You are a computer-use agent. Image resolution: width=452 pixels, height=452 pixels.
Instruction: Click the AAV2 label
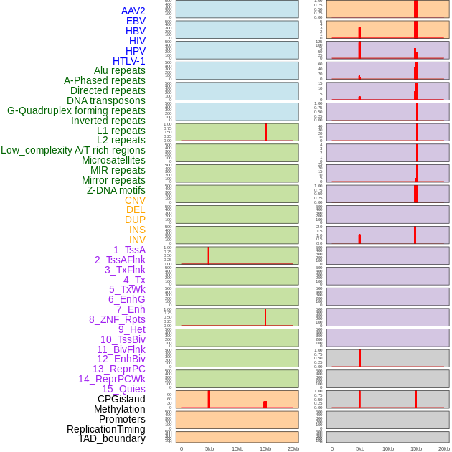(133, 11)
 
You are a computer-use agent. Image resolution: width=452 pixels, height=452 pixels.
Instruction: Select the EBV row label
(136, 21)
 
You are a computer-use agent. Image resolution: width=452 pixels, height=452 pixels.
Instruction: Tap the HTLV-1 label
(128, 61)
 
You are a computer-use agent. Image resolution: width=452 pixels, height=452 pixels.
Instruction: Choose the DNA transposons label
(106, 100)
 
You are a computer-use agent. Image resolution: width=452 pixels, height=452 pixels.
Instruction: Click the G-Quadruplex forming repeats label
(76, 110)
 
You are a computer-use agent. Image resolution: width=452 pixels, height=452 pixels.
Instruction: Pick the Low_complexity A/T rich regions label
(73, 150)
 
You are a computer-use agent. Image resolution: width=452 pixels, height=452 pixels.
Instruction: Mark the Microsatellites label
(113, 160)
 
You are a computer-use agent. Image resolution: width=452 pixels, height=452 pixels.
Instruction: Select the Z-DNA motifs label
(116, 190)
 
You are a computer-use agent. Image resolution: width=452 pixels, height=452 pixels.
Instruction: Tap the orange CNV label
(135, 200)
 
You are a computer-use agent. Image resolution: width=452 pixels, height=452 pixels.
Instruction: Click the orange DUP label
(135, 220)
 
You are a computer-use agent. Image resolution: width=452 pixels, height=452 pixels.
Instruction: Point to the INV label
(137, 240)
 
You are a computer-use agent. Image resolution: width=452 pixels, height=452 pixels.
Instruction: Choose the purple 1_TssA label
(129, 250)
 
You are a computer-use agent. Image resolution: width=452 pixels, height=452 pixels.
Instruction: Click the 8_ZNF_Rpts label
(117, 319)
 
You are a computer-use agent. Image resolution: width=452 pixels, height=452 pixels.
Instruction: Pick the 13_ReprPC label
(118, 369)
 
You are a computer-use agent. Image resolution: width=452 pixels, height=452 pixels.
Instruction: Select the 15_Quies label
(123, 389)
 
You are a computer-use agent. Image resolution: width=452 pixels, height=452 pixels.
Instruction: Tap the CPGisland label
(121, 399)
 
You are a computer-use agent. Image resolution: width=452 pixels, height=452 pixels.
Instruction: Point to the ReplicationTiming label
(105, 429)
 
